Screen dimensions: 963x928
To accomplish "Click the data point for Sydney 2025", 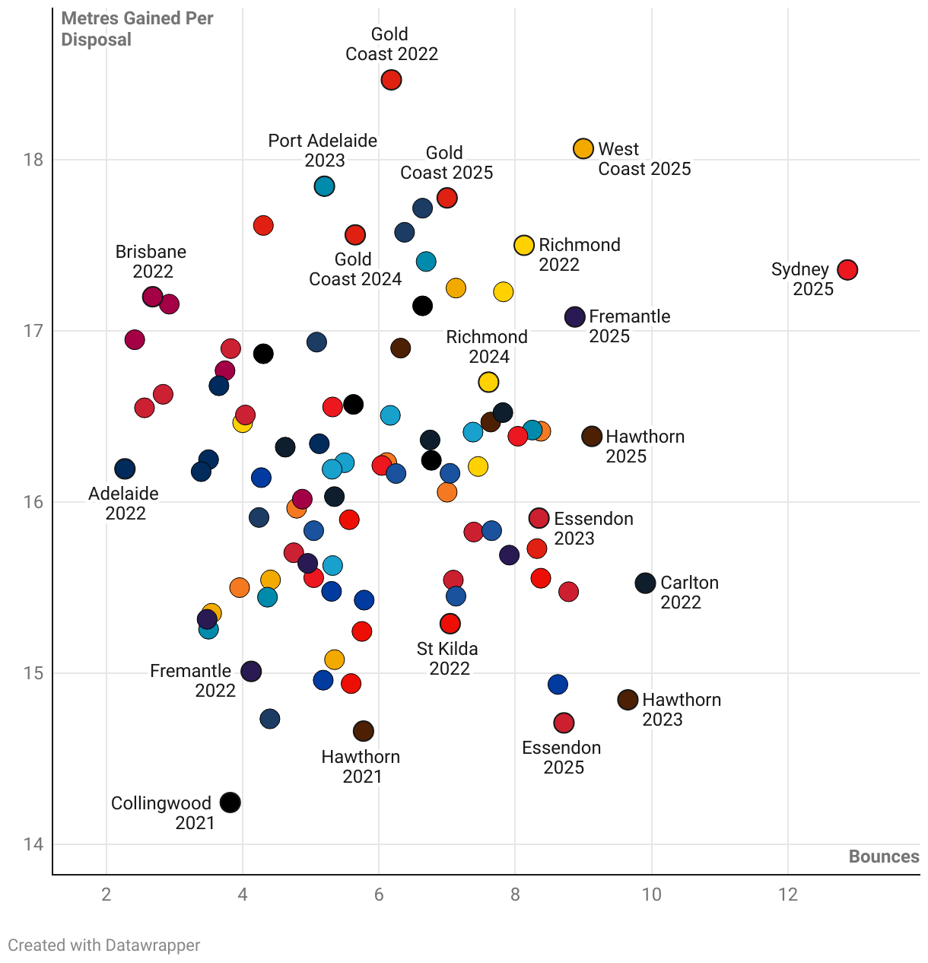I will (847, 269).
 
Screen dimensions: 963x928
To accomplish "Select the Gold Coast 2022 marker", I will (391, 80).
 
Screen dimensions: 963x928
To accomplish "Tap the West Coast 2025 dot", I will (583, 148).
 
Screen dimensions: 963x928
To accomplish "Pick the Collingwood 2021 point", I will (230, 802).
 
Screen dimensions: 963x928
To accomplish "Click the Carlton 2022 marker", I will (645, 583).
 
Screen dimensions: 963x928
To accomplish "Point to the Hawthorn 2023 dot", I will (628, 700).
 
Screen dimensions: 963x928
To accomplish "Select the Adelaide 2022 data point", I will (125, 469).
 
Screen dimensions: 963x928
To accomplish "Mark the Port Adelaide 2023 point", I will (324, 186).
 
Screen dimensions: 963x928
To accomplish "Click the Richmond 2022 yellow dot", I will (524, 245).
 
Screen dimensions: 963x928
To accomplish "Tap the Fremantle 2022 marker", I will (251, 671).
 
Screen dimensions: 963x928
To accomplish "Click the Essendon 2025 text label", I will (562, 758).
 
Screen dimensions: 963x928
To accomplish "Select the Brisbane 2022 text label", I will (151, 262).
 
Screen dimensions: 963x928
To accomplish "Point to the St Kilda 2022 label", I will (448, 659).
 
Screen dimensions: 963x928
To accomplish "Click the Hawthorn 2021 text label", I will (361, 767).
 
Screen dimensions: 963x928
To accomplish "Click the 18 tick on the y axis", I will (33, 160).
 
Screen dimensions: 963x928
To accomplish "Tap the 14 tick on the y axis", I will (33, 844).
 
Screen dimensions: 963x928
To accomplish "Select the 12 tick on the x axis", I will (788, 895).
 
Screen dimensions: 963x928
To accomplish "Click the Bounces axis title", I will (884, 857).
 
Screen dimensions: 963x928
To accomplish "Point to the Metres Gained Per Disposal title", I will (137, 29).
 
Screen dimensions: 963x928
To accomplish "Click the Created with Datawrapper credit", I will (104, 946).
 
